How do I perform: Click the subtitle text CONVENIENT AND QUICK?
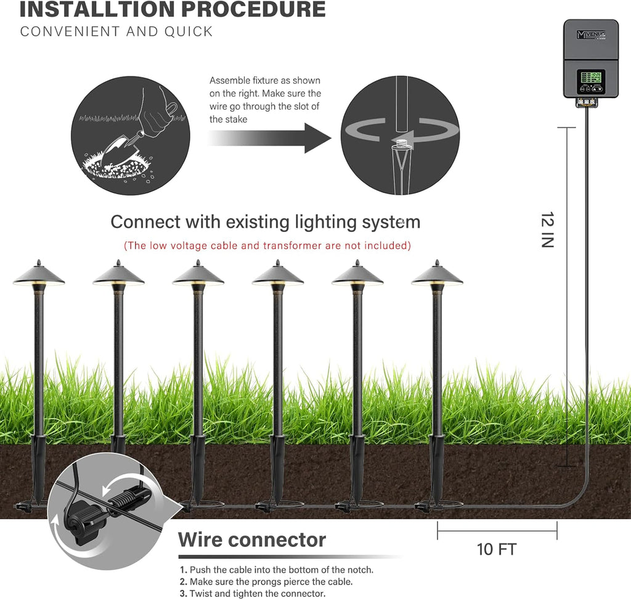[116, 31]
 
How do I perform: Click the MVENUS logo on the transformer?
[590, 35]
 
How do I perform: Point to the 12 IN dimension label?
[547, 229]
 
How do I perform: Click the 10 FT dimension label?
[497, 549]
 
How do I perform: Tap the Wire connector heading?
[251, 540]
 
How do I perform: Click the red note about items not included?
[267, 245]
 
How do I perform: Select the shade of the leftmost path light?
[38, 276]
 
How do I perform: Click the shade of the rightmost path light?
[436, 276]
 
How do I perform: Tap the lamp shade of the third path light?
[198, 276]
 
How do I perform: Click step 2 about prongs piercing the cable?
[267, 582]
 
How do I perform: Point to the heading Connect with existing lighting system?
[265, 221]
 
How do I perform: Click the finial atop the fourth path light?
[277, 263]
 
